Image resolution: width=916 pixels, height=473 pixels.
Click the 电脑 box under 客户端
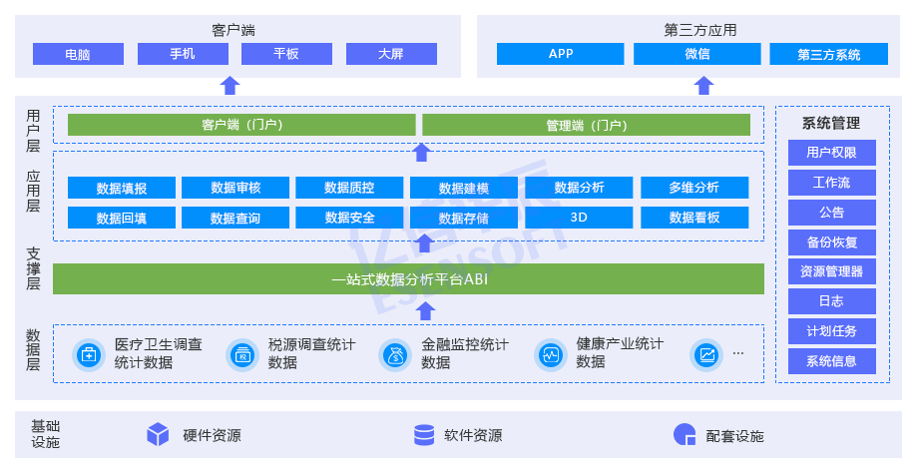point(78,54)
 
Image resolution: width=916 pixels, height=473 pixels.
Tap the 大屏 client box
point(391,54)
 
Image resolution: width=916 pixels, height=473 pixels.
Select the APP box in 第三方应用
point(560,54)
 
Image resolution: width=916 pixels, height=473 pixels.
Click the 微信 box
point(696,54)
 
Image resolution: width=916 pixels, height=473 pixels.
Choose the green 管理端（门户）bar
point(586,125)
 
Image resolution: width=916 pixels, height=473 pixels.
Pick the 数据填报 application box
point(122,188)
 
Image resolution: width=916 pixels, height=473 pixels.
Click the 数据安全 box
point(349,218)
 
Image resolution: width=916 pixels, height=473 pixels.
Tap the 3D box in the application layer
point(579,218)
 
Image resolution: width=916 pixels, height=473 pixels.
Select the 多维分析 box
point(694,188)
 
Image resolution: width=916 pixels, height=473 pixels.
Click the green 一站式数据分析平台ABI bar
point(408,279)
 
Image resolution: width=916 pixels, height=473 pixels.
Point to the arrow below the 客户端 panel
point(230,85)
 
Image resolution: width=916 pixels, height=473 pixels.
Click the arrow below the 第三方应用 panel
point(703,85)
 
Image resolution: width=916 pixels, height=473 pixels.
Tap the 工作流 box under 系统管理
point(832,183)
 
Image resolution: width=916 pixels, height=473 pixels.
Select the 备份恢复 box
point(832,241)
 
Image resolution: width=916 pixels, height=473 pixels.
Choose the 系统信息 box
point(832,361)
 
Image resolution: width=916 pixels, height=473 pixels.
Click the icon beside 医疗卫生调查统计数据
point(89,354)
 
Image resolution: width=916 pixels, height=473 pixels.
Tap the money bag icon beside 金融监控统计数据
point(395,354)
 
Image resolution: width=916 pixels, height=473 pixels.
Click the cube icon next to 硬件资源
point(158,435)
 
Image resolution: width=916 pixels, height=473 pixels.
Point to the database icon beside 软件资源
point(424,435)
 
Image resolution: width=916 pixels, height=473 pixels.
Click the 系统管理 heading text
point(831,123)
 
